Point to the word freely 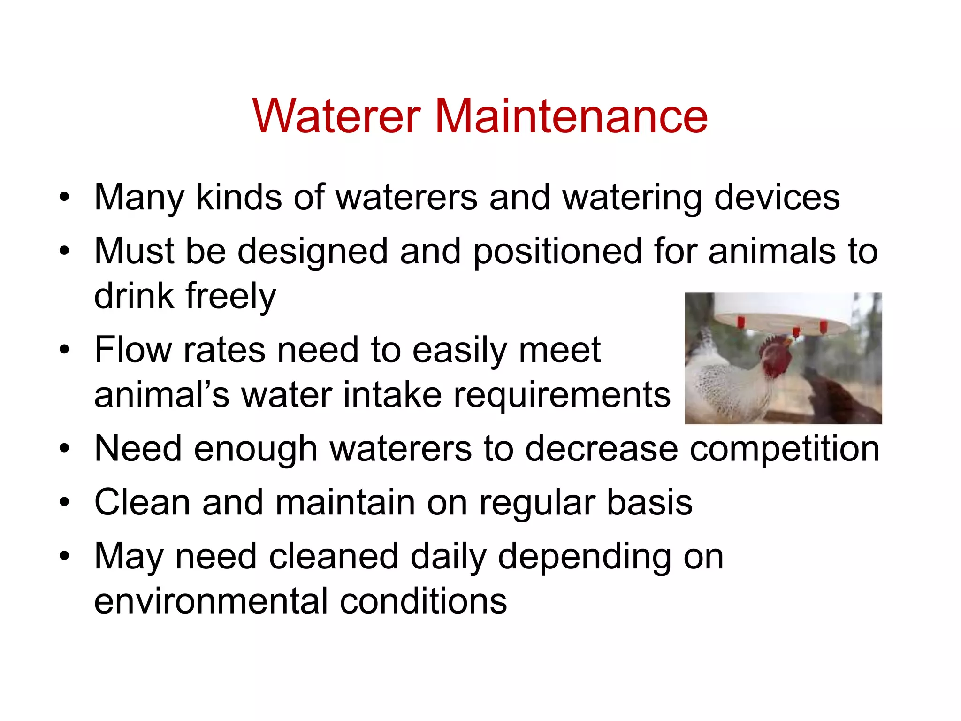[x=231, y=297]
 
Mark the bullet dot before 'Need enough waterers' [x=64, y=449]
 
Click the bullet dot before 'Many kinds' [x=64, y=198]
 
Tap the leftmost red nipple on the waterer [x=741, y=322]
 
